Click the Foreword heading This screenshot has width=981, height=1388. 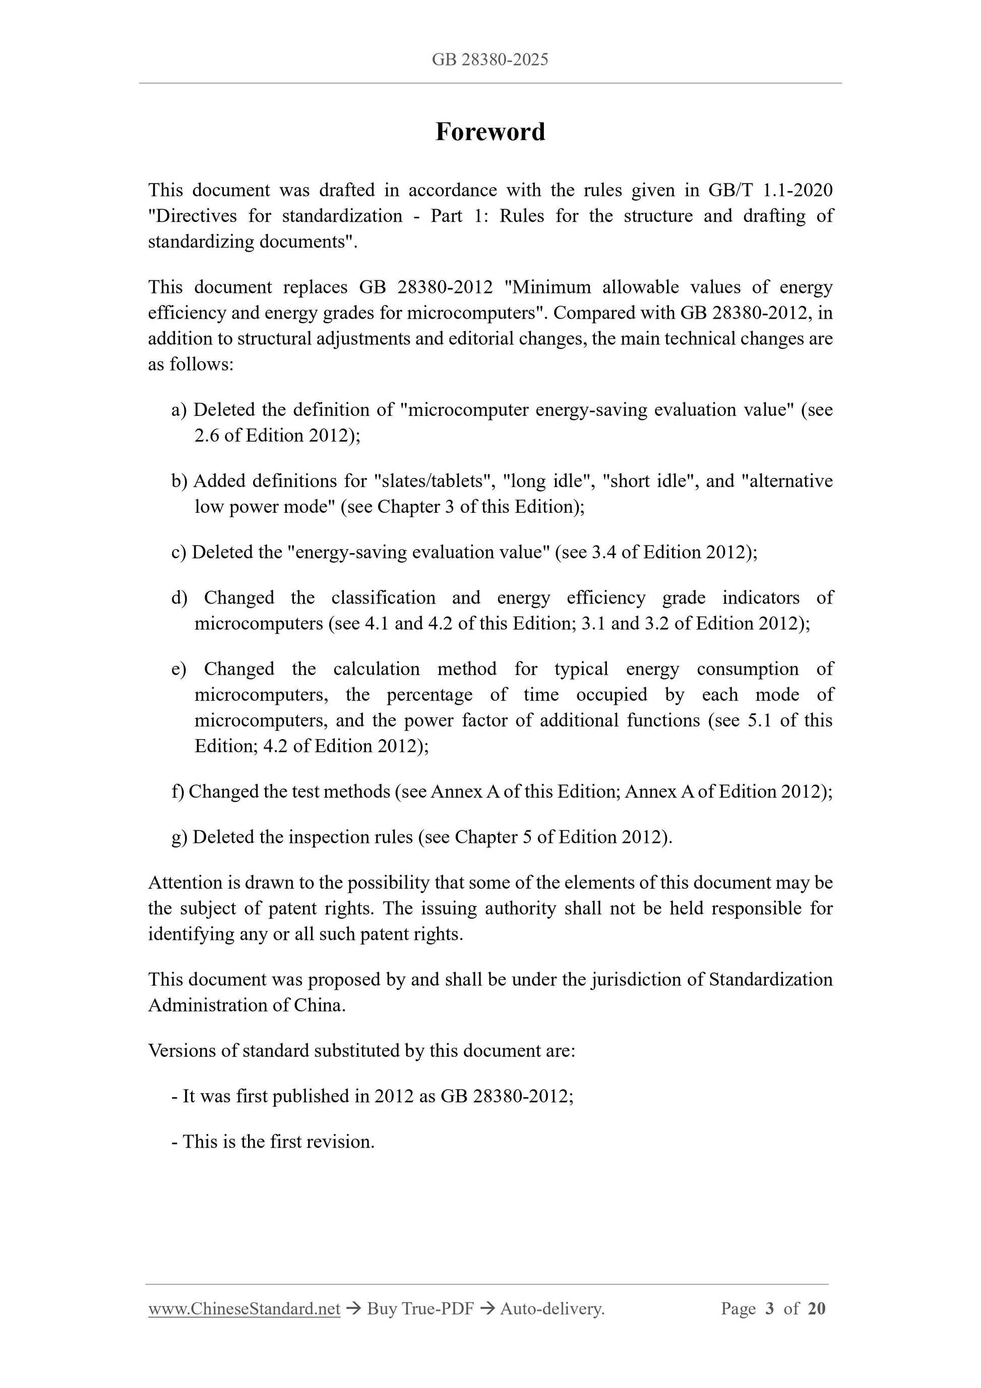click(x=489, y=132)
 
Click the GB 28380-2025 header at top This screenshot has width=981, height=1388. click(x=489, y=59)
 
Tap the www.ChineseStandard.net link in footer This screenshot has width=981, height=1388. click(x=243, y=1308)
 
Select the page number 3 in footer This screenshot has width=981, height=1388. click(x=769, y=1308)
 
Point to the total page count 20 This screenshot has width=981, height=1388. click(x=816, y=1308)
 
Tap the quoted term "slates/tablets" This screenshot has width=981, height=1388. click(x=433, y=480)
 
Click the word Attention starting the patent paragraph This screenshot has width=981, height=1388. click(x=185, y=883)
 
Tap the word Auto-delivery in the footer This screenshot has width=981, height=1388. click(x=552, y=1308)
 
